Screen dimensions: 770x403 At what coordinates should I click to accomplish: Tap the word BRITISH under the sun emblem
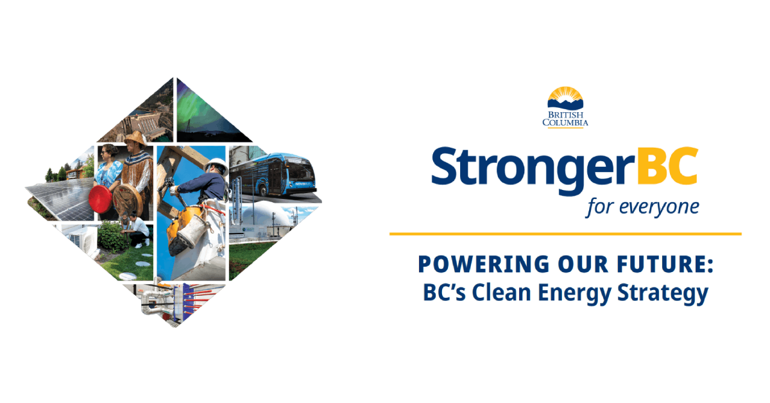[565, 115]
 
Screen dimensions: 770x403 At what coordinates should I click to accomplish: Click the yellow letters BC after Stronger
[667, 166]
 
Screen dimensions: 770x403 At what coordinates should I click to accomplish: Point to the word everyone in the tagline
[659, 207]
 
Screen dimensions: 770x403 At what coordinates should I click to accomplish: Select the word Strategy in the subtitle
[662, 294]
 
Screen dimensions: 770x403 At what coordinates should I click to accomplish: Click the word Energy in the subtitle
[574, 294]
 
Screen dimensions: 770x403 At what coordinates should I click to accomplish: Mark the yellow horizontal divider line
[565, 234]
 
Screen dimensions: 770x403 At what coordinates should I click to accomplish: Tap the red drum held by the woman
[101, 199]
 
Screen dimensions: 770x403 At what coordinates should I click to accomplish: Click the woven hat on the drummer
[136, 137]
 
